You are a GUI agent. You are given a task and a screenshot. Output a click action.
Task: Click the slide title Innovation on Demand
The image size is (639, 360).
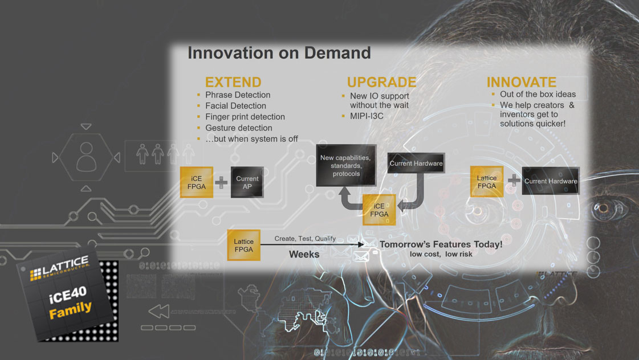point(279,53)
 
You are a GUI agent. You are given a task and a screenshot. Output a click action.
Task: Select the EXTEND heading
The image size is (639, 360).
point(233,82)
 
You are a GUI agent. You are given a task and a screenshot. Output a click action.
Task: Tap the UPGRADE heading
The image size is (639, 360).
point(381,82)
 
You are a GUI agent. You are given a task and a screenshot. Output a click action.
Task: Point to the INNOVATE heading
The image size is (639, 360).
point(521,82)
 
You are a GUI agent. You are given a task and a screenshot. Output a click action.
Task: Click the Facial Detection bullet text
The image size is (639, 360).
point(235,106)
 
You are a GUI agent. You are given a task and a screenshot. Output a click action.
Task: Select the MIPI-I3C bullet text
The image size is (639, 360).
point(367,116)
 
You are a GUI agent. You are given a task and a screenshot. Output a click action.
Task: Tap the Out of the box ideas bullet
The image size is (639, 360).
point(538,94)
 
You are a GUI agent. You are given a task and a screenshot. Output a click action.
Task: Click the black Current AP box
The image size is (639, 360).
point(247,182)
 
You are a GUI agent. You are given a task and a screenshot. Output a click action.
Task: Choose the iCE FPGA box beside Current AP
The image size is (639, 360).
point(197,182)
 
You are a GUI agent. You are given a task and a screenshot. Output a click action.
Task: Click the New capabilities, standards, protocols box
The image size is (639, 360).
point(346,165)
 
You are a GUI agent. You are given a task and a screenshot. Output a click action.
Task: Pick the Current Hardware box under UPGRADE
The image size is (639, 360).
point(416,163)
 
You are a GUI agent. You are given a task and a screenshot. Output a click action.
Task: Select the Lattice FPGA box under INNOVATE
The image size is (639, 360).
point(487,182)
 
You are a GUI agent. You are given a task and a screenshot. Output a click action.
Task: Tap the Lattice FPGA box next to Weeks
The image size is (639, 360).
point(244,245)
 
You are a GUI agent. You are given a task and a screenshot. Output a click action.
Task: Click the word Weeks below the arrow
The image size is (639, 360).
point(304,255)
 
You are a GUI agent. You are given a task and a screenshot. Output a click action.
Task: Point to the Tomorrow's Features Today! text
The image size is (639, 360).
point(441,244)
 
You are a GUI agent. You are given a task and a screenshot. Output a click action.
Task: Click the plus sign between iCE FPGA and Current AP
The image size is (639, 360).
point(221,182)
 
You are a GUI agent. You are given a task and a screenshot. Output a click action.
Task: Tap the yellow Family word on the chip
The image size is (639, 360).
point(70,310)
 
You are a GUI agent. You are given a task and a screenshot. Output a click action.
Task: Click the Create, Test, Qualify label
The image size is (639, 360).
point(305,239)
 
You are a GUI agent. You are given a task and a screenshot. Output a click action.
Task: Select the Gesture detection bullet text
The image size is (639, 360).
point(239,128)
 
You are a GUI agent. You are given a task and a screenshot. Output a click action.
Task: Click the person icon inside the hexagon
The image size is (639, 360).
point(87,157)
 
